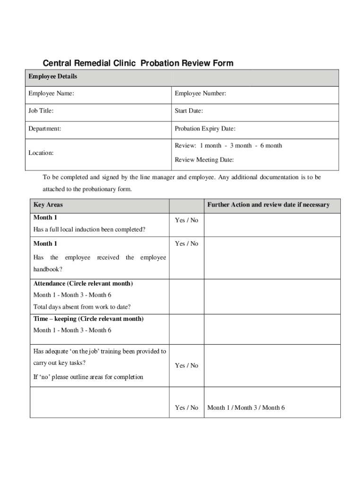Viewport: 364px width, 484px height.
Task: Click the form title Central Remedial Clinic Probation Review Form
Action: [138, 63]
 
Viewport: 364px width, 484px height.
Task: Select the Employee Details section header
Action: [52, 77]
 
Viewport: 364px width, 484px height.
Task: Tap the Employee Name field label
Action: [51, 94]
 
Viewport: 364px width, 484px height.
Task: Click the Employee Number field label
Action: [200, 94]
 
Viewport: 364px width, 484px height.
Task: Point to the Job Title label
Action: [41, 111]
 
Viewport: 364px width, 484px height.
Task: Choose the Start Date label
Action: [189, 111]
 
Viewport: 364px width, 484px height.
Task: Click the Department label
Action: [45, 129]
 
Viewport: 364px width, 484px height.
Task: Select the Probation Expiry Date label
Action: [205, 129]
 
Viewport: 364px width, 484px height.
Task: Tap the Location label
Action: [41, 153]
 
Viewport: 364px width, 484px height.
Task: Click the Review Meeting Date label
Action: [204, 160]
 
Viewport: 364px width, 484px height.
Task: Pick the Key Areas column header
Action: [48, 205]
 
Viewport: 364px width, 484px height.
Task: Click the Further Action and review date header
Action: [268, 205]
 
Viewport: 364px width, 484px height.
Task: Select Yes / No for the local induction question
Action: [187, 220]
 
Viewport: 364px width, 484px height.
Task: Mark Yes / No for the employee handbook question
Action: [187, 243]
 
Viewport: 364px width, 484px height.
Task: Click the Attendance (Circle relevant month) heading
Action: [83, 284]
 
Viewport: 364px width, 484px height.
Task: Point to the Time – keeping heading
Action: [88, 319]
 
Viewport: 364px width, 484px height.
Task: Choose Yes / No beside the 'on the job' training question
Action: [187, 365]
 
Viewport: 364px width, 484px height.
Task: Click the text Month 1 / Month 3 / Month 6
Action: [246, 407]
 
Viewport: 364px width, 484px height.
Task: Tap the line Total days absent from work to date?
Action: [82, 307]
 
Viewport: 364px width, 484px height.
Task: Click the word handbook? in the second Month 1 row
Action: [48, 269]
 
